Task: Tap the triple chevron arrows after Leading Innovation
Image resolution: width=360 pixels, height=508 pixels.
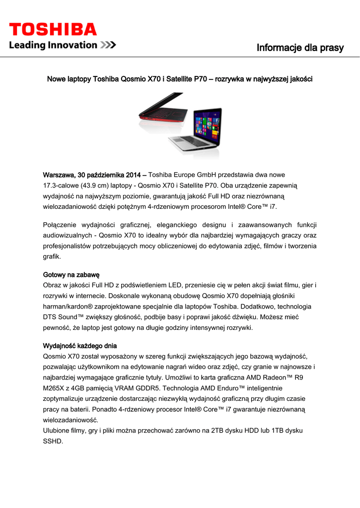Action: coord(108,46)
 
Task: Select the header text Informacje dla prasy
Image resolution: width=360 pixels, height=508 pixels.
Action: coord(300,48)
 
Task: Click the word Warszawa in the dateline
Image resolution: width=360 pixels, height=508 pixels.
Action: coord(58,175)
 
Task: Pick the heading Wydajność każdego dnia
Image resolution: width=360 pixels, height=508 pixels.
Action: coord(80,345)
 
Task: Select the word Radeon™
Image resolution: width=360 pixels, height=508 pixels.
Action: coord(279,378)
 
